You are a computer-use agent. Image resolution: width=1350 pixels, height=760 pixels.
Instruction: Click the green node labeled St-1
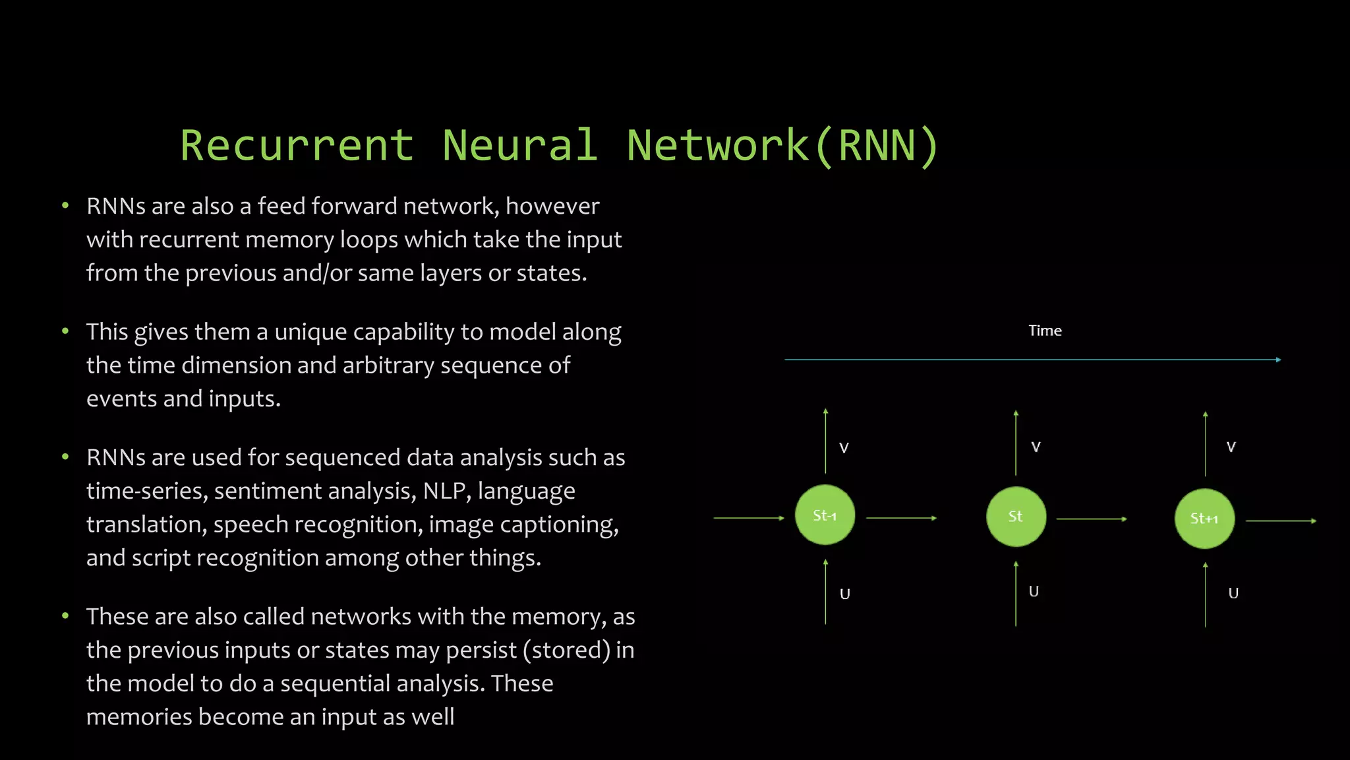point(825,515)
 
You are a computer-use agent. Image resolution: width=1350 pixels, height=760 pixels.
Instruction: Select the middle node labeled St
point(1016,517)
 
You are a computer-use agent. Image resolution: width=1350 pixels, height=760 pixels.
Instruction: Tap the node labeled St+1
point(1204,519)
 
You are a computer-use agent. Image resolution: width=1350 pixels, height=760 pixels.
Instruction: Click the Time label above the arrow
point(1045,331)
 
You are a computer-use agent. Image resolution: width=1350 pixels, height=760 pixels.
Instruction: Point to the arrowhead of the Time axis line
point(1278,360)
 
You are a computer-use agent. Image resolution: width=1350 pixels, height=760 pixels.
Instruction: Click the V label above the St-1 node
point(844,448)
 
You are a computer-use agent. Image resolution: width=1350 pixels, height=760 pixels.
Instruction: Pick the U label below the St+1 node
point(1233,593)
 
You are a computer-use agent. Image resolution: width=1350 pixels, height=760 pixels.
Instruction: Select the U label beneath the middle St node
point(1034,592)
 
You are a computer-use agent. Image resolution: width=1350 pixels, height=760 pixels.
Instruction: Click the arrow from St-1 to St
point(901,518)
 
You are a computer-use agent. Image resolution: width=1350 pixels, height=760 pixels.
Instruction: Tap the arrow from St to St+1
point(1092,519)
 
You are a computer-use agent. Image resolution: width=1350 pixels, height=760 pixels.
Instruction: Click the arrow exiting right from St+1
point(1281,521)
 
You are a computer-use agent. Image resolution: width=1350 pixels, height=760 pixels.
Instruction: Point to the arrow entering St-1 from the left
point(749,518)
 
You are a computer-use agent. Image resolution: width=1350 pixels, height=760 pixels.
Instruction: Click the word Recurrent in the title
point(297,145)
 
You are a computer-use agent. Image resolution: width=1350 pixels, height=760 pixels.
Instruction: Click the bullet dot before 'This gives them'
point(65,331)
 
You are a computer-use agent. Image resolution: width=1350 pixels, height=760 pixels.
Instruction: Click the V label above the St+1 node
point(1231,447)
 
